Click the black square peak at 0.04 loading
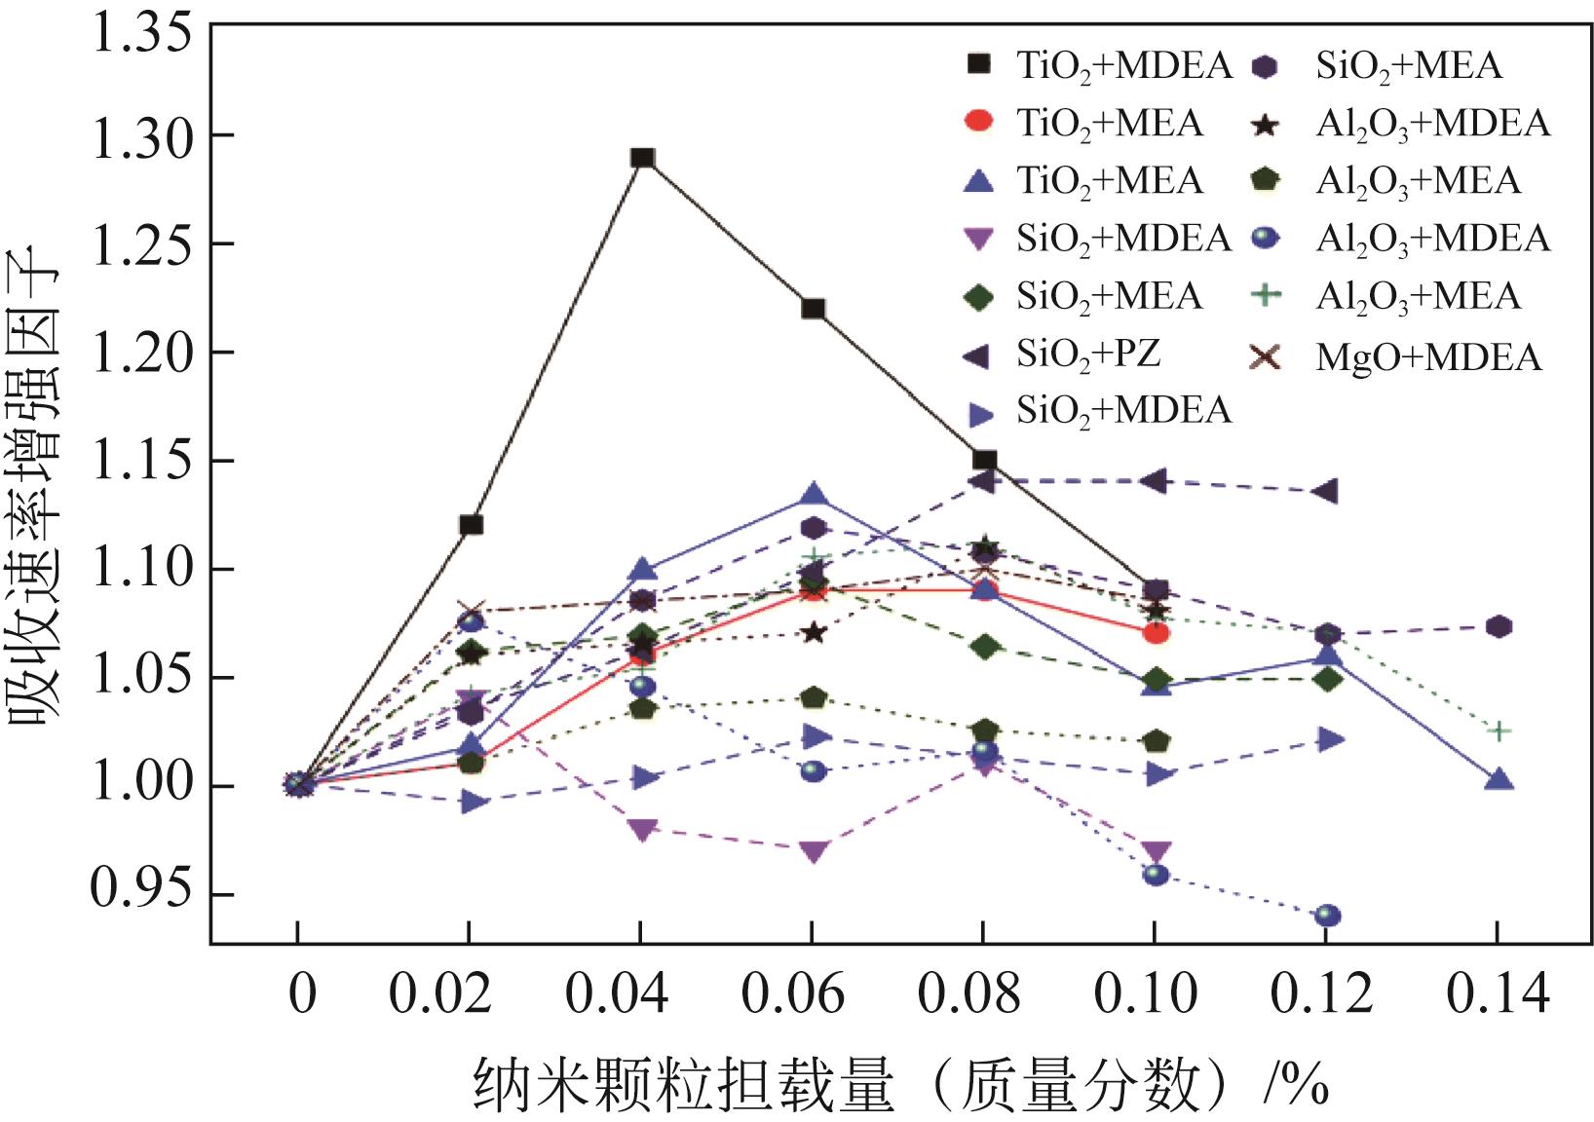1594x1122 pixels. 641,158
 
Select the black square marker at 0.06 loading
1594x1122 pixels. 813,310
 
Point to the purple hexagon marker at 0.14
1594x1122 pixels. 1499,626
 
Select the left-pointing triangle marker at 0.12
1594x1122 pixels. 1325,491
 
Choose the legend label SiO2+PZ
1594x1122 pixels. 1088,354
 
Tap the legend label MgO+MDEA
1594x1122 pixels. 1428,357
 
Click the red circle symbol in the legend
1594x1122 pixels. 977,122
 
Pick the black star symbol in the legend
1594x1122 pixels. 1266,124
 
